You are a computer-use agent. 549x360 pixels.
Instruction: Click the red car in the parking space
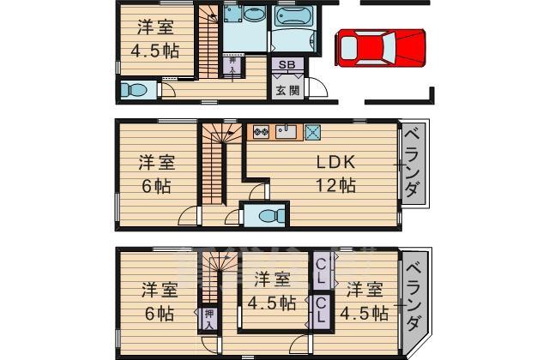coord(381,48)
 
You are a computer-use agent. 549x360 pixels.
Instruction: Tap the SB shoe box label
coord(287,64)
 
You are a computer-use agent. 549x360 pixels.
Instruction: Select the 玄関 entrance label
coord(288,90)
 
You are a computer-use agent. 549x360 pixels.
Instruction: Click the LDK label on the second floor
coord(335,162)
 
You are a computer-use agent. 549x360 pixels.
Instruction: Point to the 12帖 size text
coord(335,185)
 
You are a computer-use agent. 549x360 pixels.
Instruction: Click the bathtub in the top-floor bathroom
coord(293,16)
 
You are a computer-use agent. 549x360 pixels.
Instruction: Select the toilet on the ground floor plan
coord(134,90)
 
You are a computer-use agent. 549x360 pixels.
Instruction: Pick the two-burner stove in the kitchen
coord(261,132)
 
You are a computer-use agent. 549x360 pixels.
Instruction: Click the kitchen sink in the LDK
coord(286,132)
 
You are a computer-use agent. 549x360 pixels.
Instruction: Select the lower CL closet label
coord(321,309)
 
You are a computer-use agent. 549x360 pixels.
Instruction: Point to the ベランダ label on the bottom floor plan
coord(414,297)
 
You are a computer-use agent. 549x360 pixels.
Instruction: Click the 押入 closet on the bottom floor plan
coord(209,318)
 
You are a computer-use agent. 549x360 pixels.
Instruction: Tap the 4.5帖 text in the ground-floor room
coord(155,51)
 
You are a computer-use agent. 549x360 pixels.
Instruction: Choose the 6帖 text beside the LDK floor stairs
coord(156,187)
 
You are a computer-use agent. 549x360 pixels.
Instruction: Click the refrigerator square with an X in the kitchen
coord(312,132)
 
